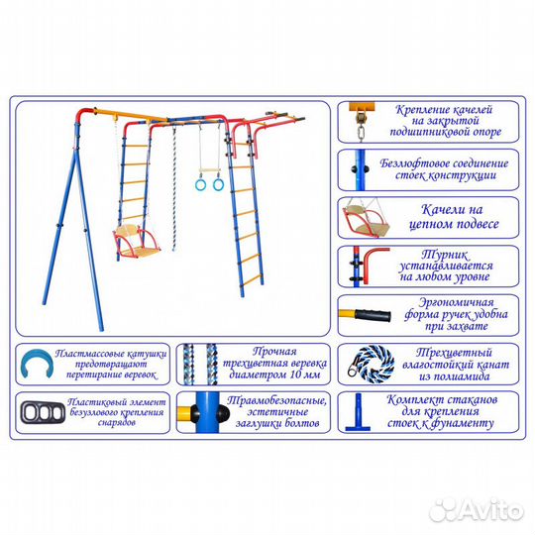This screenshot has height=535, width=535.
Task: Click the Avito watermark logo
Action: coord(477,510)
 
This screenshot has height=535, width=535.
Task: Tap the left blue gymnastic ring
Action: coord(200,185)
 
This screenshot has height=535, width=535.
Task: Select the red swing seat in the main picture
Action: coord(136,242)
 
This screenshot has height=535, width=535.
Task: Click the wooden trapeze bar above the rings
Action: coord(209,170)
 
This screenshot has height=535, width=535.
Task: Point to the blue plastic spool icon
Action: coord(37,364)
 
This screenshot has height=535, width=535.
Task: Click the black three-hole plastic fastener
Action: coord(43,412)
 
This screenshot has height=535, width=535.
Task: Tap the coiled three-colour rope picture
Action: coord(371,364)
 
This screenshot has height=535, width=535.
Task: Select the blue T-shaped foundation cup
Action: coord(358,412)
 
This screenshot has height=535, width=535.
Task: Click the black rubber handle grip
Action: coord(374,315)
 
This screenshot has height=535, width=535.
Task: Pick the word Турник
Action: coord(445,255)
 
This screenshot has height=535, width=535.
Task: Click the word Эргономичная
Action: coord(456,302)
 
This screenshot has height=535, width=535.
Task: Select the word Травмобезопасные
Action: coord(277,400)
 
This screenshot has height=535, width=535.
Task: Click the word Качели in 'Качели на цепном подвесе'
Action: coord(442,209)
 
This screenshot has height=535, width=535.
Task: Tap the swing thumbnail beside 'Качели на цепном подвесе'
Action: coord(367,218)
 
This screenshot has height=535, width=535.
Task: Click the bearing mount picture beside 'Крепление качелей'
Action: coord(362,122)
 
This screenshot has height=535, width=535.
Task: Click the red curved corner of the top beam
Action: coord(84,115)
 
